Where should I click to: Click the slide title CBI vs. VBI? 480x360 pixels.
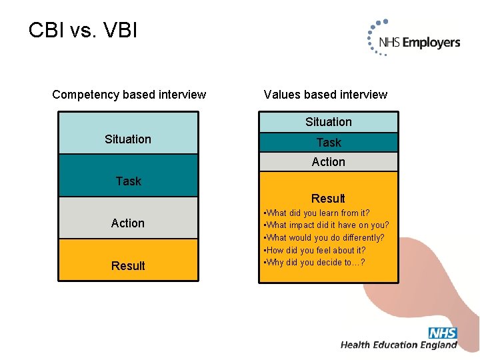[83, 30]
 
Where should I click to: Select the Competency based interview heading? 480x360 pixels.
[129, 95]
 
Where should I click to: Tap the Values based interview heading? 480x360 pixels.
[325, 95]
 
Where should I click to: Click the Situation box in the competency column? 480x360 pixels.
[128, 133]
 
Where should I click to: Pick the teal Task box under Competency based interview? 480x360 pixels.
[128, 175]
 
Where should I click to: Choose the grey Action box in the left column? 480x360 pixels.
[128, 218]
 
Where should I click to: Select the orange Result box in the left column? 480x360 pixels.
[128, 261]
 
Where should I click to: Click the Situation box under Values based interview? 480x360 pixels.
[328, 122]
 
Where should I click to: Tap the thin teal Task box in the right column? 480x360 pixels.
[328, 143]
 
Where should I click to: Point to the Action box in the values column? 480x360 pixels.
[328, 162]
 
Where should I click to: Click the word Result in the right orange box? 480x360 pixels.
[328, 199]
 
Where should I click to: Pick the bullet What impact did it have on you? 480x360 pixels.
[327, 225]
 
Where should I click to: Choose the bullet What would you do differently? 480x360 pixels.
[325, 238]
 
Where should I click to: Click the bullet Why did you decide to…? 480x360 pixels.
[315, 263]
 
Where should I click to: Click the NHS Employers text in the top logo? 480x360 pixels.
[419, 43]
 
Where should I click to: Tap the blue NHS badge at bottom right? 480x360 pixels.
[443, 333]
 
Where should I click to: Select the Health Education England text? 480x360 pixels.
[399, 345]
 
